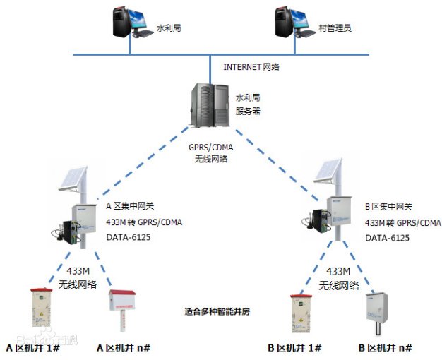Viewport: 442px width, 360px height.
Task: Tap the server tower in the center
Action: pos(210,107)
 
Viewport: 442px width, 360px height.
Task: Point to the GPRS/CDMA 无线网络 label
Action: pos(211,154)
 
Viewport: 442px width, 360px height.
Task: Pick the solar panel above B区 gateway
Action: pos(329,172)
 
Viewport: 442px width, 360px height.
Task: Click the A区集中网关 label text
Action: pos(129,207)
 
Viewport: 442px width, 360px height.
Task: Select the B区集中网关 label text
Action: pos(390,207)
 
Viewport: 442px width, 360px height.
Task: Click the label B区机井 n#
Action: pos(385,348)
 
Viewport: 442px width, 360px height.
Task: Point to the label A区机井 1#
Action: pos(34,348)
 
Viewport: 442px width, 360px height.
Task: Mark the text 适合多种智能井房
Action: pos(214,311)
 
